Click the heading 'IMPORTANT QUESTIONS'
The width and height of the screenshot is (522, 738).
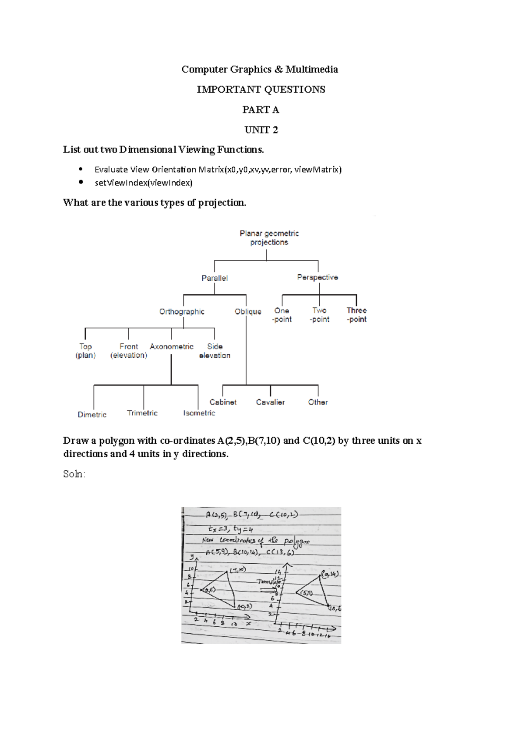[x=261, y=90]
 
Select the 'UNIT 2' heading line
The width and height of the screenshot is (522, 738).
[x=261, y=130]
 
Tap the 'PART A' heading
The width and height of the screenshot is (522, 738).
[x=261, y=110]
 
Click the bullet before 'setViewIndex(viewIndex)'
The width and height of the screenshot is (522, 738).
[x=81, y=183]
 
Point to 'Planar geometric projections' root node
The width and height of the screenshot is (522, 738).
[x=269, y=238]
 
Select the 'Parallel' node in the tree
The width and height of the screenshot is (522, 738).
[x=214, y=278]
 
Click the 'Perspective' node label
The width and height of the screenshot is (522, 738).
[x=318, y=277]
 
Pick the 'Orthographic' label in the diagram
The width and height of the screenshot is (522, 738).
[x=182, y=312]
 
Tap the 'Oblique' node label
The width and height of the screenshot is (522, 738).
[x=248, y=312]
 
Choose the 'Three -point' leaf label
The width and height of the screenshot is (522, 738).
[x=357, y=315]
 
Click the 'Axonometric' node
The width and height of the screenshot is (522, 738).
[x=171, y=346]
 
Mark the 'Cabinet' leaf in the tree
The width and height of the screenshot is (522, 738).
[x=223, y=402]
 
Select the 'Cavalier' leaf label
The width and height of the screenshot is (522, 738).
[x=270, y=402]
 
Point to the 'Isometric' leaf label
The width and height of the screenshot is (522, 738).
[x=199, y=413]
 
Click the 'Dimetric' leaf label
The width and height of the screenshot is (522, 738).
[x=92, y=415]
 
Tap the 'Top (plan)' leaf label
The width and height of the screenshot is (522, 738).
[x=86, y=351]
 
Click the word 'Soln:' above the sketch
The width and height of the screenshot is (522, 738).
[x=74, y=474]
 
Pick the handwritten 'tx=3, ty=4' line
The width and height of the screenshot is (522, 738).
[x=231, y=529]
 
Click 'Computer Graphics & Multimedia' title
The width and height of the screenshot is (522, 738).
[x=260, y=70]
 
